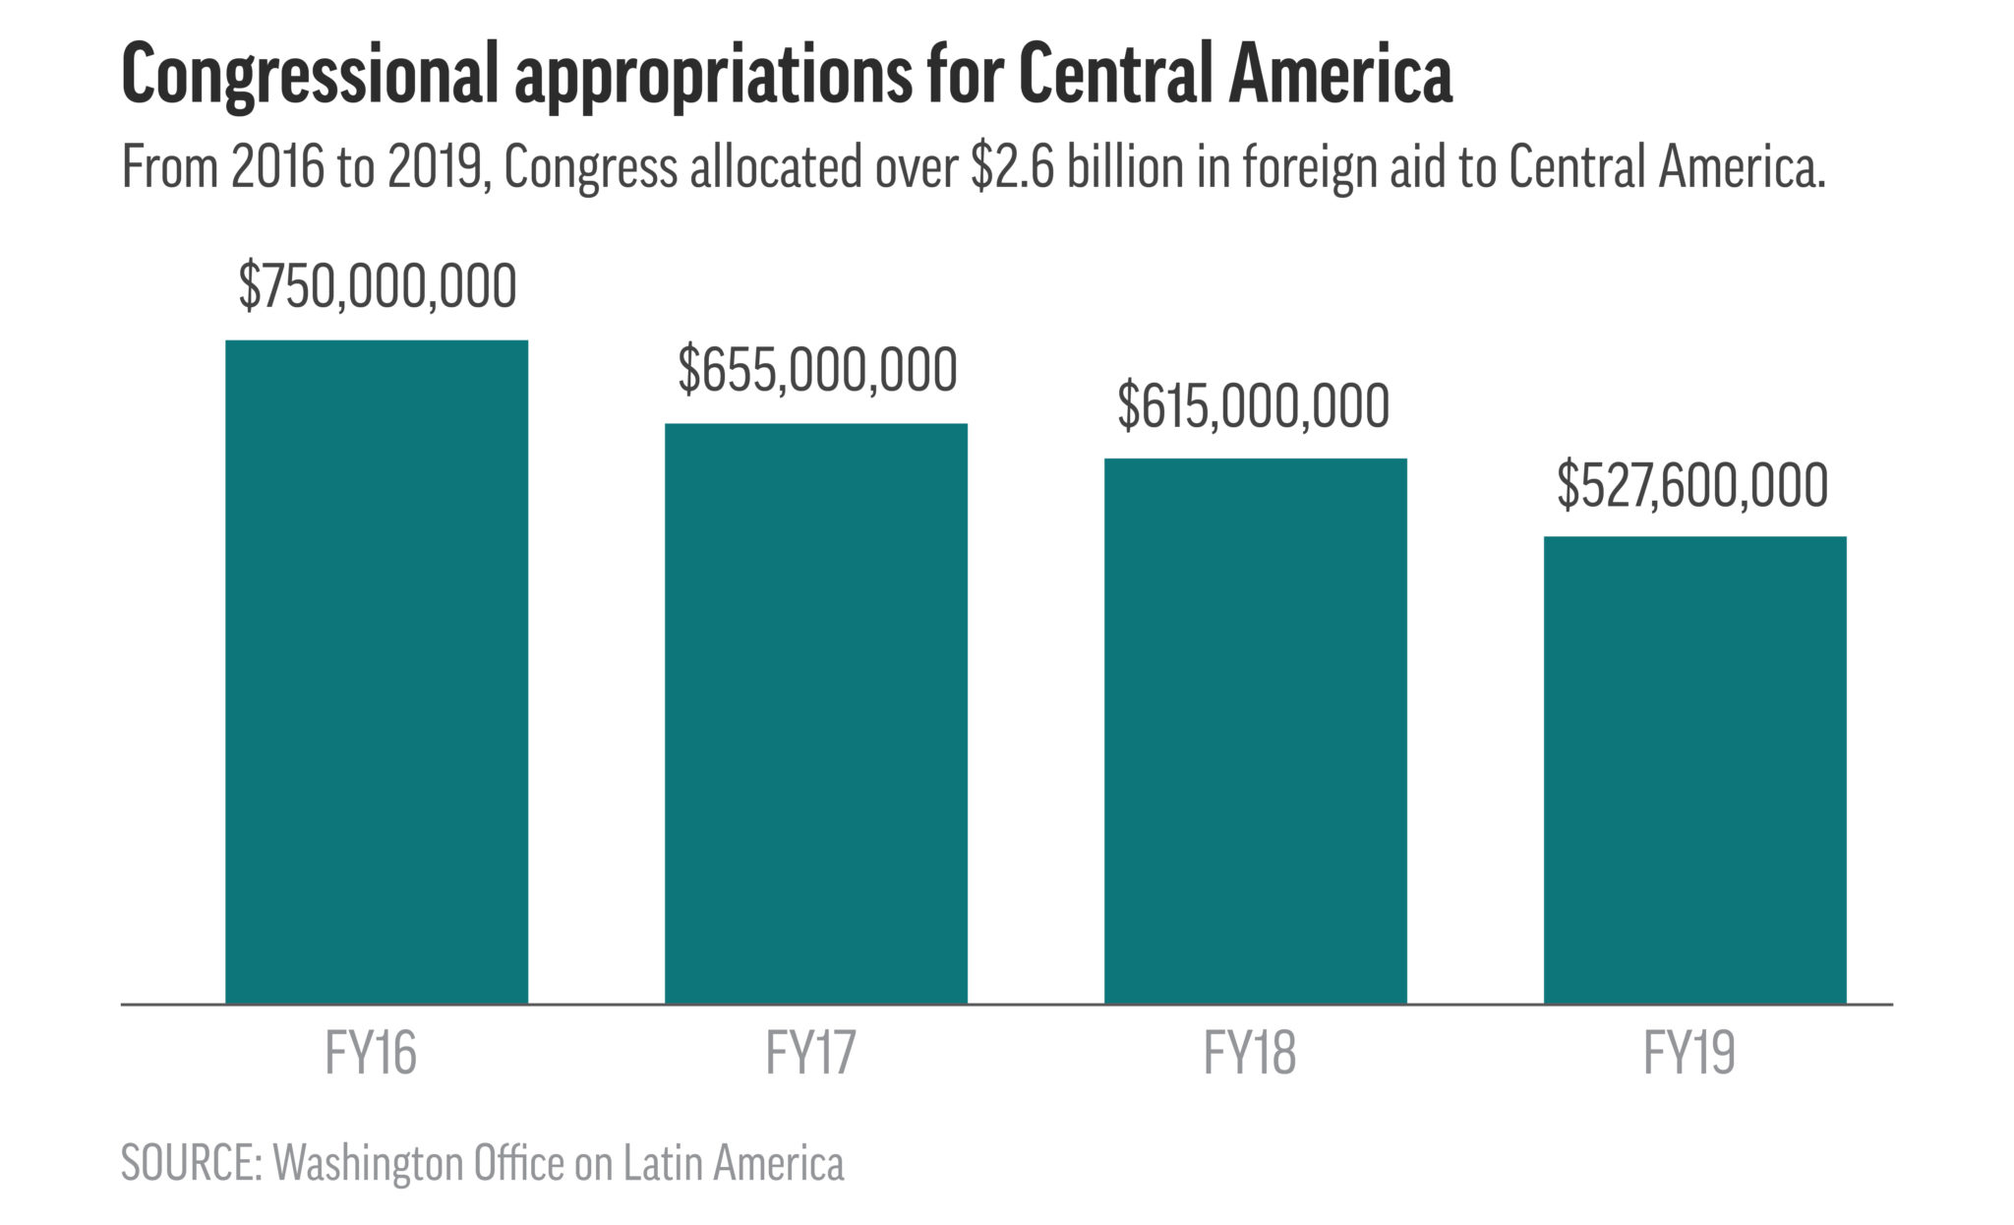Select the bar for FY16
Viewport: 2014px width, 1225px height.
(377, 671)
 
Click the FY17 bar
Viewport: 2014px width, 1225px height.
(816, 713)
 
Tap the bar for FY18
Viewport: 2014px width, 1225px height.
(1255, 730)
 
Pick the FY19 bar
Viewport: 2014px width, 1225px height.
(1694, 769)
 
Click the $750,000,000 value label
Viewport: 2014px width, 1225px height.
(378, 286)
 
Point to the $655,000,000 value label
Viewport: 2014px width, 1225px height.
(817, 371)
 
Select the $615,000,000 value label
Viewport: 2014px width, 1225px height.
(1254, 406)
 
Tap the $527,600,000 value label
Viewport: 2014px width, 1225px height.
(1692, 485)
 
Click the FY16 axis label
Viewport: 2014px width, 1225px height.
(371, 1054)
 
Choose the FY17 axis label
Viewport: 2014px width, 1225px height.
(811, 1054)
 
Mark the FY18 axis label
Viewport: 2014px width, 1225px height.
(1250, 1054)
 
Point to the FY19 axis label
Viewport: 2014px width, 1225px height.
(1689, 1054)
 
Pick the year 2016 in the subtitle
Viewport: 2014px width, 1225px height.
(278, 167)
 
